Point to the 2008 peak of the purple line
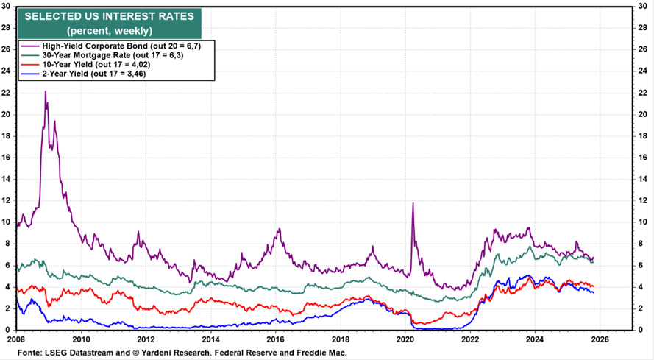tap(46, 91)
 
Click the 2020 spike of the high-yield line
tap(413, 203)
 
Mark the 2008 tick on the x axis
tap(16, 339)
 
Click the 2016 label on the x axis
tap(276, 339)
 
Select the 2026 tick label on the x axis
tap(600, 339)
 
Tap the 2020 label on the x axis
tap(405, 339)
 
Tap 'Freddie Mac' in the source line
tap(324, 353)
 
